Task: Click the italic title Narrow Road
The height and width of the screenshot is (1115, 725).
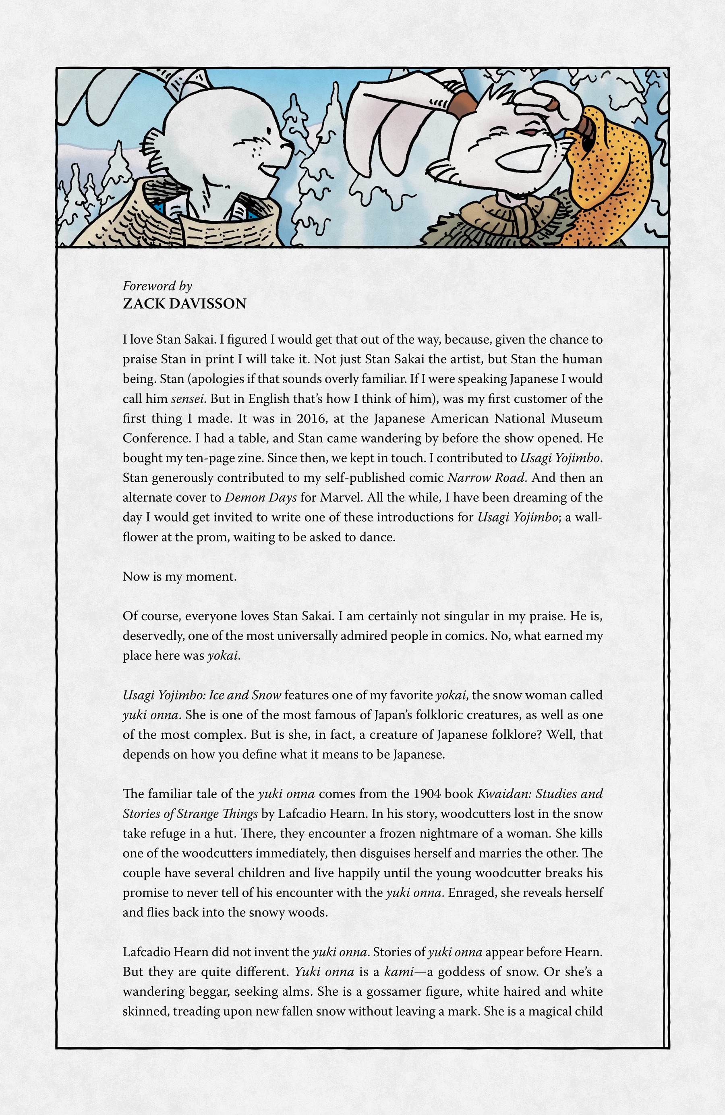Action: point(486,477)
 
